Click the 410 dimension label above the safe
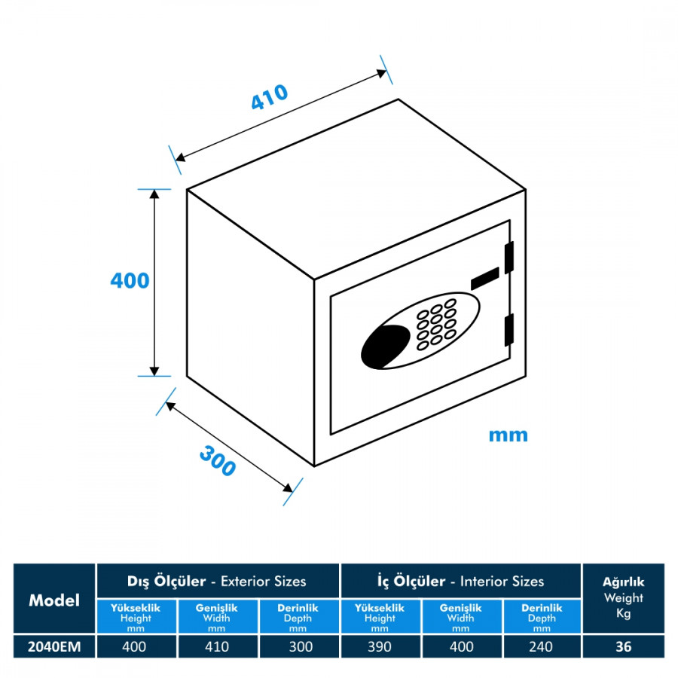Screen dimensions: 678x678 pyautogui.click(x=270, y=99)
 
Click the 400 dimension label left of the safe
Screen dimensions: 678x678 pyautogui.click(x=130, y=281)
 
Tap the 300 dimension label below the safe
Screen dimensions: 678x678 pyautogui.click(x=218, y=461)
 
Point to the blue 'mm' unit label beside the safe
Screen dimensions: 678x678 pyautogui.click(x=508, y=435)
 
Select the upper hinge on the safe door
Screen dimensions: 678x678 pyautogui.click(x=509, y=256)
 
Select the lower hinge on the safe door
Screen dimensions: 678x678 pyautogui.click(x=509, y=329)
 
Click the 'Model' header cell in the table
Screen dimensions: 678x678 pyautogui.click(x=54, y=600)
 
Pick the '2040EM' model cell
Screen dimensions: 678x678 pyautogui.click(x=54, y=646)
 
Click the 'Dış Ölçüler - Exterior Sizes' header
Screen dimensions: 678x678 pyautogui.click(x=217, y=581)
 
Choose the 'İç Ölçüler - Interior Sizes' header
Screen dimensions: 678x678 pyautogui.click(x=460, y=581)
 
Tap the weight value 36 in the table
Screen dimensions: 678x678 pyautogui.click(x=623, y=646)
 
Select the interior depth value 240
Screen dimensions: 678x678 pyautogui.click(x=541, y=646)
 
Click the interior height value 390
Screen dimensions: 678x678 pyautogui.click(x=380, y=646)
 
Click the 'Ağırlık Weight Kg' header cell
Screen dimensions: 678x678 pyautogui.click(x=623, y=598)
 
